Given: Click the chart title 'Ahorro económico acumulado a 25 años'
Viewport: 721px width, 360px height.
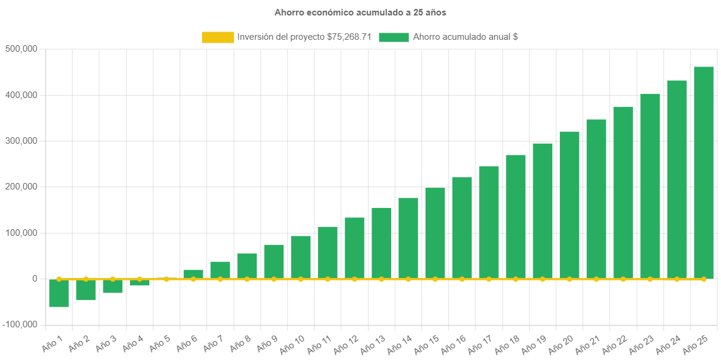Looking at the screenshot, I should click(360, 12).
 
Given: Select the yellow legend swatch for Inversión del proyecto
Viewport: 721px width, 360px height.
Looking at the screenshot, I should click(218, 37).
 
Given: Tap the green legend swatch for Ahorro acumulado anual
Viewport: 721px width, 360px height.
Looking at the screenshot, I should click(393, 37).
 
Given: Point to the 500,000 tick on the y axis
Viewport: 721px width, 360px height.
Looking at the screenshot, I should click(21, 49).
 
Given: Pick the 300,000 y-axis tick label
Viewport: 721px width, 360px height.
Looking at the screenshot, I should click(21, 141).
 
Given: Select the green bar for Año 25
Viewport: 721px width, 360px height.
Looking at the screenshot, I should click(704, 172).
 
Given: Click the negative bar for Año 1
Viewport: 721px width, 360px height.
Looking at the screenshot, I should click(59, 293).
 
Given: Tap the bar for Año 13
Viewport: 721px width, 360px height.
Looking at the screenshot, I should click(382, 243).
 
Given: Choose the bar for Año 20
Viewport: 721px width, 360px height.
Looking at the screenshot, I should click(569, 205).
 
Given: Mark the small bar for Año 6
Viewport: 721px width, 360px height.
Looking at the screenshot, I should click(193, 274).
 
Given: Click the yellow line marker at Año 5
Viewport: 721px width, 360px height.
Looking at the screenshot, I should click(166, 279).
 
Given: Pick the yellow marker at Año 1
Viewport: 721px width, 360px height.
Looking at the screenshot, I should click(59, 279).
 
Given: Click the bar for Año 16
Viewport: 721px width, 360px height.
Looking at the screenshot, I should click(462, 228).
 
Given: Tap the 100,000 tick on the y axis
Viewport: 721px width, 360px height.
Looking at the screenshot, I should click(21, 233).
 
